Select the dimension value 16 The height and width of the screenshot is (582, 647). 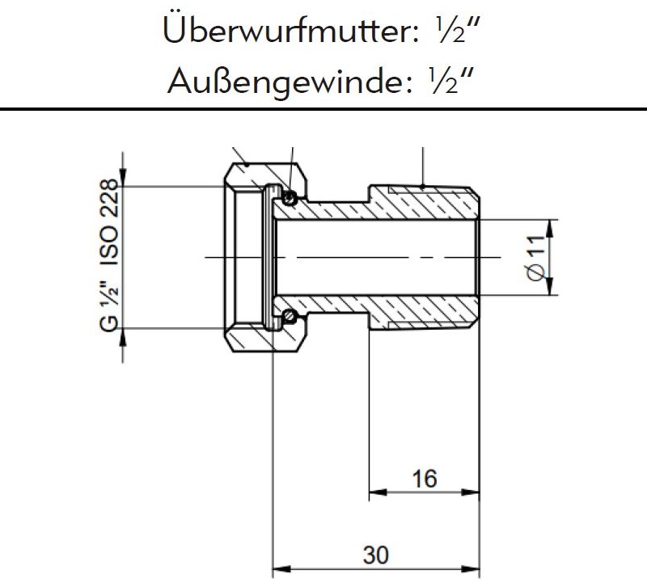[424, 479]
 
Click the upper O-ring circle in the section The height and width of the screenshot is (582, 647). [290, 195]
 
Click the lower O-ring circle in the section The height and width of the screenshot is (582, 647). [290, 316]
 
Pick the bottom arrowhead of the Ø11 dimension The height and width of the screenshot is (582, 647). [552, 289]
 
